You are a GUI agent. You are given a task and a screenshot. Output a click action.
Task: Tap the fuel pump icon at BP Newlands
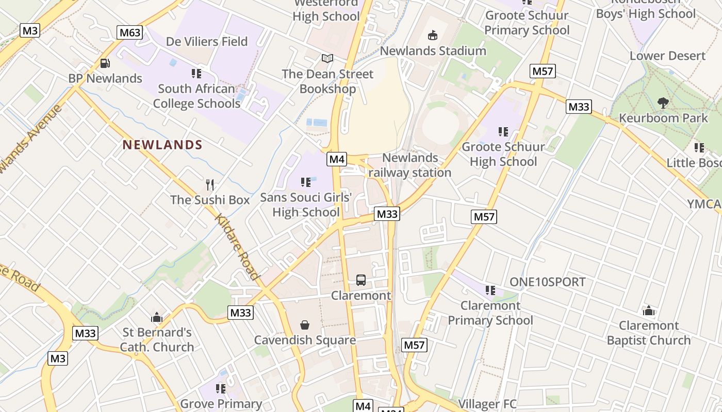(x=105, y=63)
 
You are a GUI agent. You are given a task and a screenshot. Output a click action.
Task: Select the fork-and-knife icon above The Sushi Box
(x=209, y=184)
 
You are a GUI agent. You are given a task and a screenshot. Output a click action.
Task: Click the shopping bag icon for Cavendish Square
(x=305, y=325)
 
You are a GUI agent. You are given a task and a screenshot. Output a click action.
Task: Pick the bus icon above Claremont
(x=361, y=280)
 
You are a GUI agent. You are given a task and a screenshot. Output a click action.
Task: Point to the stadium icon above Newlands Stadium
(x=433, y=36)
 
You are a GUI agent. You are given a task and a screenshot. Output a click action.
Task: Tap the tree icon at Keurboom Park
(x=663, y=103)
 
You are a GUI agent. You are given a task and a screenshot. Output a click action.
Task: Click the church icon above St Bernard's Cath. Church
(x=157, y=317)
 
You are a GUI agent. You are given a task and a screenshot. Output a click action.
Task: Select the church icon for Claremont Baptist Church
(x=649, y=311)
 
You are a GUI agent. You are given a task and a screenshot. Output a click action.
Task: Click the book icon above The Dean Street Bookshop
(x=327, y=59)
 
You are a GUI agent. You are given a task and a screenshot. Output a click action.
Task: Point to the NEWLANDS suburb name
(x=162, y=145)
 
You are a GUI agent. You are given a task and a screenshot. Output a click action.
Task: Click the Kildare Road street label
(x=237, y=247)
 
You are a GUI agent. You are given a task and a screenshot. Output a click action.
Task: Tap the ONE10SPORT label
(x=548, y=282)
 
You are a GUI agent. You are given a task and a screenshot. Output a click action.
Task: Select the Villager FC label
(x=487, y=404)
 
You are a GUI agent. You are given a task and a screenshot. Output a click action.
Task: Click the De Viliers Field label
(x=207, y=41)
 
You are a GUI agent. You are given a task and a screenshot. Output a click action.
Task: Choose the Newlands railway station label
(x=410, y=165)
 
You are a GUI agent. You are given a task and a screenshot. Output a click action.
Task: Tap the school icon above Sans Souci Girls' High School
(x=306, y=182)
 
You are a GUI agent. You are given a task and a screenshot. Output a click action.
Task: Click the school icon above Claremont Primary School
(x=490, y=290)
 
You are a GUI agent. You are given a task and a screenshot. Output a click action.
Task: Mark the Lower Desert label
(x=667, y=56)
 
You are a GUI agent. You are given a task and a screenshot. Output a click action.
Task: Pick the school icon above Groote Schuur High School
(x=503, y=132)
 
